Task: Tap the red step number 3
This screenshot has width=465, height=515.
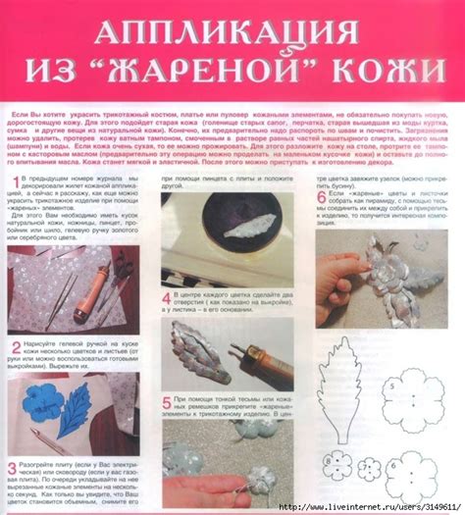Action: (13, 469)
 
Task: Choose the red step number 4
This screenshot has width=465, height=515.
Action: (165, 293)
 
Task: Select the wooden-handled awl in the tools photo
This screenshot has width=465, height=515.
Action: (99, 285)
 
